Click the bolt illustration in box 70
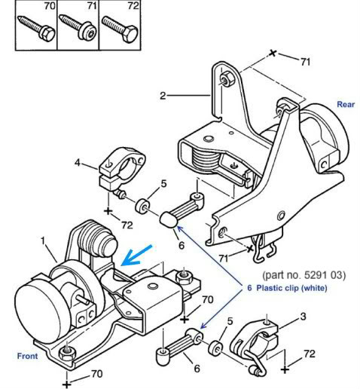(x=36, y=28)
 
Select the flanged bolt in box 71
(x=78, y=27)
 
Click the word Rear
(x=346, y=104)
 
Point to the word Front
(x=27, y=356)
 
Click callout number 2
(x=163, y=96)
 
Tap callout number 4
(x=78, y=163)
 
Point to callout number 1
(x=43, y=241)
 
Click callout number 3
(x=304, y=317)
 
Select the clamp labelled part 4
(x=120, y=171)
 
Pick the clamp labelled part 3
(x=254, y=345)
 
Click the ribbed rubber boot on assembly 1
(x=96, y=240)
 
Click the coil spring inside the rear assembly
(x=206, y=158)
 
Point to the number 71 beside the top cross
(x=305, y=62)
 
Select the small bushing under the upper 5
(x=142, y=206)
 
